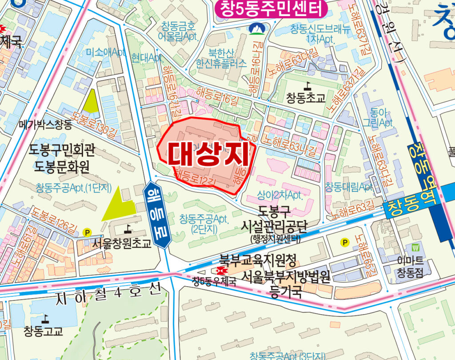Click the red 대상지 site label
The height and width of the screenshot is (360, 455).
(x=207, y=153)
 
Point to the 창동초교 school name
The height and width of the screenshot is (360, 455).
(x=306, y=98)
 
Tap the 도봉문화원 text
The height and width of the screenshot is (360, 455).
(x=62, y=167)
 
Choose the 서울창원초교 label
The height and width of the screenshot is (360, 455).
(x=122, y=244)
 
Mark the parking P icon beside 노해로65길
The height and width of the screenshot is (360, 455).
(x=344, y=242)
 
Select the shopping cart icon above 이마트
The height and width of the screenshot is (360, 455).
(x=416, y=248)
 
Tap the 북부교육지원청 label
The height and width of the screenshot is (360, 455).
(x=258, y=259)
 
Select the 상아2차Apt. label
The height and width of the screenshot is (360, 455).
(x=280, y=195)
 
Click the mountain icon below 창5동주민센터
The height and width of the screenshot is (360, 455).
(x=255, y=29)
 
